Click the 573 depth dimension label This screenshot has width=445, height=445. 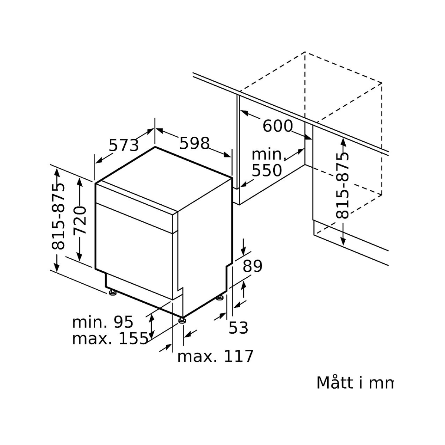click(x=123, y=145)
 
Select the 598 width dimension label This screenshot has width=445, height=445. click(x=195, y=143)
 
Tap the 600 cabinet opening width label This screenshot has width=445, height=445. click(x=277, y=126)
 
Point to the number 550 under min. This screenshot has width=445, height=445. click(x=267, y=170)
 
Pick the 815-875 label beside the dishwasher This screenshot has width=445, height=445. click(x=58, y=217)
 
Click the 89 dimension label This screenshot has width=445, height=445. click(x=253, y=266)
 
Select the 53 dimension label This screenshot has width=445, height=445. click(x=238, y=327)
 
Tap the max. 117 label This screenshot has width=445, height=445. click(x=215, y=356)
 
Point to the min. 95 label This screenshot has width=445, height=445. click(x=102, y=322)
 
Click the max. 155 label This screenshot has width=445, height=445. click(x=110, y=339)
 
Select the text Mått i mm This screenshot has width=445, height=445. click(x=354, y=383)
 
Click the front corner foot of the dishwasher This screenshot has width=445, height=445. click(x=182, y=321)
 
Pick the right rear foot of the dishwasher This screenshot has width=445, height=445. click(x=220, y=298)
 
